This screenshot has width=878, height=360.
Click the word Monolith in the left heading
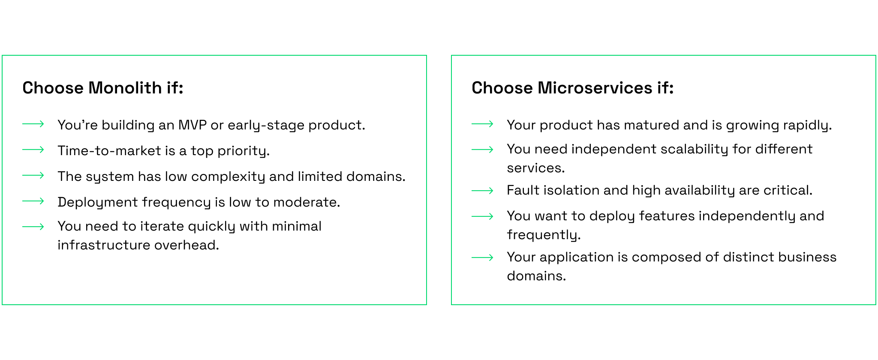[x=125, y=88]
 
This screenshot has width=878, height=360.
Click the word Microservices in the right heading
[x=595, y=88]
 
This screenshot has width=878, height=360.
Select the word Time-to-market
[x=109, y=150]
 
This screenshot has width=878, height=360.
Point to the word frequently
[x=544, y=235]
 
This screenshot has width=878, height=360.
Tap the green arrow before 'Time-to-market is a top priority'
[x=33, y=150]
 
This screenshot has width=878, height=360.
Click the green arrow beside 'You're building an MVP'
[x=33, y=124]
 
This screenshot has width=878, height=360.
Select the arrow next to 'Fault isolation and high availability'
[x=482, y=191]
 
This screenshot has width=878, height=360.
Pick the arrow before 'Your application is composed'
[x=482, y=258]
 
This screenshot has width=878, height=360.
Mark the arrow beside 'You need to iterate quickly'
[x=33, y=227]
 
